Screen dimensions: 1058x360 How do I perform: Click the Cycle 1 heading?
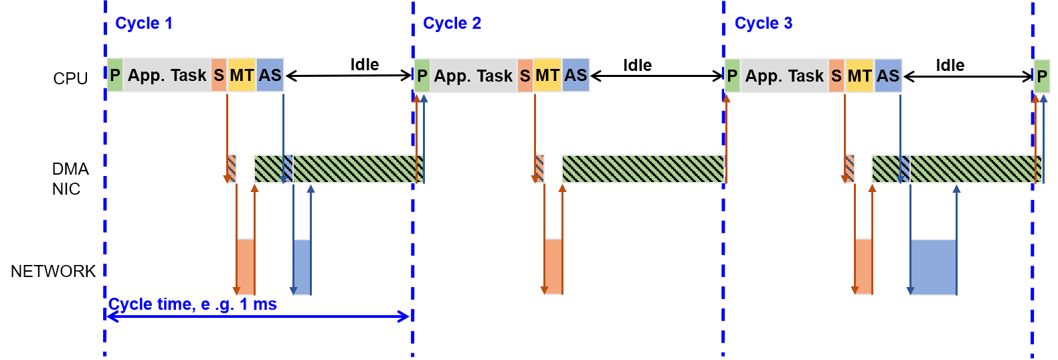click(x=144, y=23)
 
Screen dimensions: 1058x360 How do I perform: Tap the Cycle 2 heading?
click(x=452, y=23)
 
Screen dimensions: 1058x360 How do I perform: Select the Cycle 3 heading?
click(x=764, y=23)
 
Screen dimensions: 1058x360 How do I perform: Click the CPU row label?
click(x=70, y=78)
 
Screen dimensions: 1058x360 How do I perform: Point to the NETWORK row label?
click(x=53, y=271)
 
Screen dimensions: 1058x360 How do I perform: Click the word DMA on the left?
click(x=70, y=169)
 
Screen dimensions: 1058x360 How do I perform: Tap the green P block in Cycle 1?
click(x=115, y=75)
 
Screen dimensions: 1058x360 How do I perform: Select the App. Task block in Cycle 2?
click(x=474, y=76)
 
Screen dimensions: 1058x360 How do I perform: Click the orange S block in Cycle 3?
click(x=836, y=76)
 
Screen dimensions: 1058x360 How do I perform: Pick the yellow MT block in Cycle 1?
click(x=242, y=75)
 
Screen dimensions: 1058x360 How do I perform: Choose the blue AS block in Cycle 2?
click(x=576, y=75)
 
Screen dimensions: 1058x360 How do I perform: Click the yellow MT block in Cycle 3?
click(x=860, y=76)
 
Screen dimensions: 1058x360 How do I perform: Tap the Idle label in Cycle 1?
click(x=365, y=64)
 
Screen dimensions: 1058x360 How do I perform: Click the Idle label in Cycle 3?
click(x=950, y=65)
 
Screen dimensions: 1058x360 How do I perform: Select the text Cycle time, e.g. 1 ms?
click(x=193, y=304)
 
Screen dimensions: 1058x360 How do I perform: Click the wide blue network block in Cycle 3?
click(x=934, y=268)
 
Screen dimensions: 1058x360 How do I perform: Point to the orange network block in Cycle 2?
click(x=553, y=267)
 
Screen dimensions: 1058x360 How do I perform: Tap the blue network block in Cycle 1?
click(x=302, y=268)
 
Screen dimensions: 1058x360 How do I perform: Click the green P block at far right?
click(x=1042, y=76)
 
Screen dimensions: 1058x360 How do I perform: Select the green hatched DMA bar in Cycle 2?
click(x=643, y=169)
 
